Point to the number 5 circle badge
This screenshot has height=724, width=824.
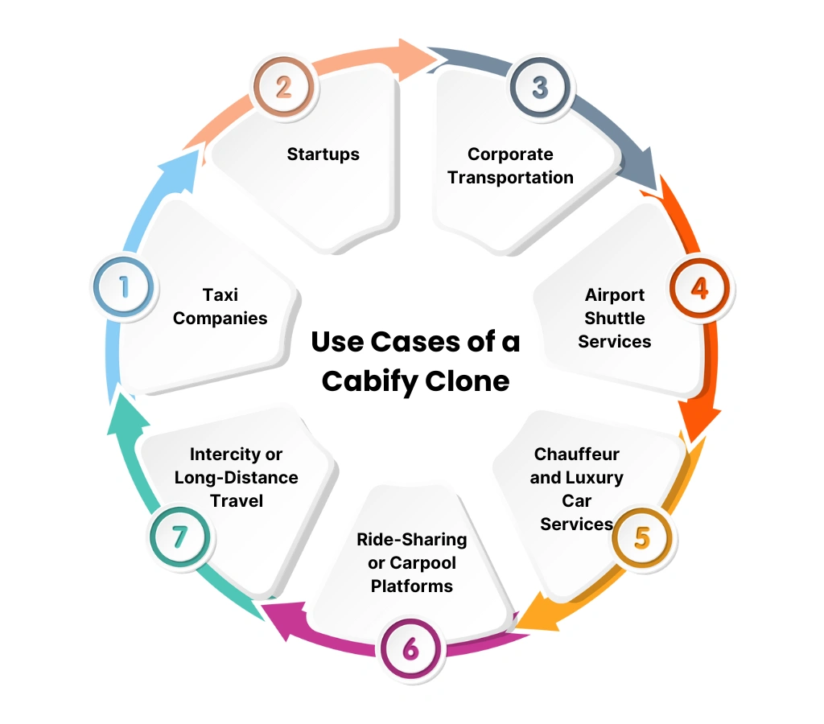tap(641, 537)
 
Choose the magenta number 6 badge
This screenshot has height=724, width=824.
tap(410, 648)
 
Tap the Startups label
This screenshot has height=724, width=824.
tap(323, 154)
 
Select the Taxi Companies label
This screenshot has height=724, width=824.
tap(220, 306)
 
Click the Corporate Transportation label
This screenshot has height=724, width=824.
tap(510, 166)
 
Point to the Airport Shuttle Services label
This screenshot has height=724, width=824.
tap(615, 318)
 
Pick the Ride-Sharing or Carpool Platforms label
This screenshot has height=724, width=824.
tap(411, 562)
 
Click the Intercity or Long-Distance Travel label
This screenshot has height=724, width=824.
tap(236, 478)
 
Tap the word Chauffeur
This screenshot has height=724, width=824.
tap(576, 455)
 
